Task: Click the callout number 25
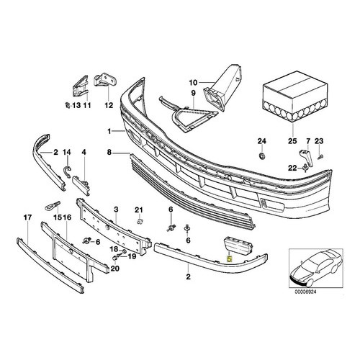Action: pos(292,141)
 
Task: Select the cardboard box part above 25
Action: pos(295,96)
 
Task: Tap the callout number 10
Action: pos(193,83)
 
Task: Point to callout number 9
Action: pos(194,93)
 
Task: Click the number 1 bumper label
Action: pos(109,131)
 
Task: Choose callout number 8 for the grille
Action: pos(109,152)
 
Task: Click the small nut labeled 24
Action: pos(262,156)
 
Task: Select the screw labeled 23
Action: pos(320,157)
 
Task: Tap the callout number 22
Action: pos(292,168)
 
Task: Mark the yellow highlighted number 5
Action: pos(230,259)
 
